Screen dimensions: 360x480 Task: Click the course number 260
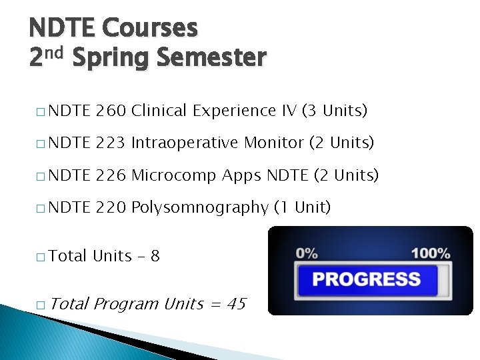click(x=111, y=110)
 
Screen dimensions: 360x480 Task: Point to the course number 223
click(x=111, y=142)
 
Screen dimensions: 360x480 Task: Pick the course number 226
click(x=111, y=175)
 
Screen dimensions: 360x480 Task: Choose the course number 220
click(x=111, y=207)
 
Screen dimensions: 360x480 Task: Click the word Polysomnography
click(x=199, y=208)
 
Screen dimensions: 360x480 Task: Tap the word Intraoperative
click(x=185, y=142)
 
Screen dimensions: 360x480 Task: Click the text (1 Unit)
click(x=302, y=207)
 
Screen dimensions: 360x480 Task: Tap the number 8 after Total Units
click(x=155, y=255)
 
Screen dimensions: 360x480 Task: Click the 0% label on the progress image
click(x=307, y=253)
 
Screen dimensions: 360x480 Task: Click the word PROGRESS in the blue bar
click(x=366, y=279)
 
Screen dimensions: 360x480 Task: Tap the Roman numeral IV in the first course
click(x=288, y=110)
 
